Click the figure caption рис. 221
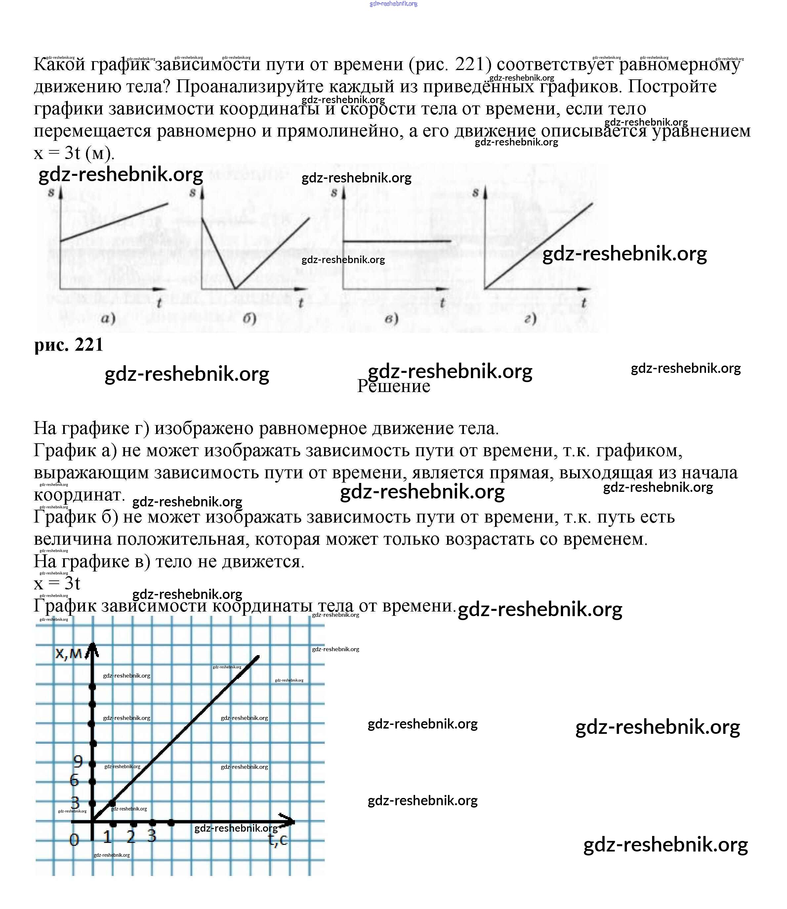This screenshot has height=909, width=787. pyautogui.click(x=69, y=345)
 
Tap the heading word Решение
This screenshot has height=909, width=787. pyautogui.click(x=393, y=387)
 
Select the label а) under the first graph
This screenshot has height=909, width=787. pyautogui.click(x=108, y=318)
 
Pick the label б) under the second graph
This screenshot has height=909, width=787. pyautogui.click(x=249, y=318)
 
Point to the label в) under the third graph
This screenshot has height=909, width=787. pyautogui.click(x=391, y=318)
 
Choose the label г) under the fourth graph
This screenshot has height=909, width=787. pyautogui.click(x=530, y=318)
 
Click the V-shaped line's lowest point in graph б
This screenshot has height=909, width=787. pyautogui.click(x=235, y=288)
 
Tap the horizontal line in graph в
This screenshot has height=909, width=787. pyautogui.click(x=396, y=241)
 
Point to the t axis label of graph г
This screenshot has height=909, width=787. pyautogui.click(x=584, y=302)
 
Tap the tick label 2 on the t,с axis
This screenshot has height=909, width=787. pyautogui.click(x=131, y=837)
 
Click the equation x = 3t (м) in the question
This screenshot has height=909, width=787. pyautogui.click(x=74, y=153)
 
